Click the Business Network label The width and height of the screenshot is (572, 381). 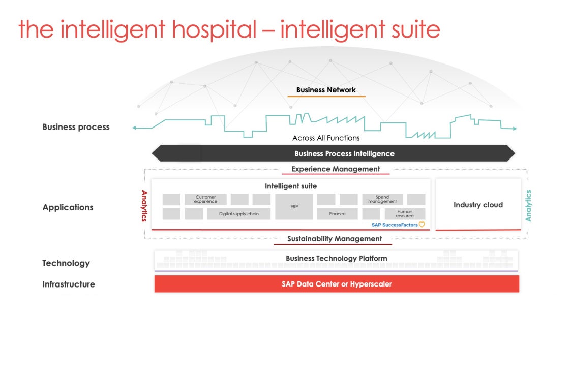326,90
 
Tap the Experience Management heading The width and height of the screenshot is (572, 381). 335,169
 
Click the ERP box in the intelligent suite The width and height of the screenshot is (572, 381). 294,207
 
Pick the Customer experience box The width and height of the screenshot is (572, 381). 205,199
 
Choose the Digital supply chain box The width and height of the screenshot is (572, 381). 238,214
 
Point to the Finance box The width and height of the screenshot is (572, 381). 337,214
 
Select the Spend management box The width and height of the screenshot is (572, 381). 382,199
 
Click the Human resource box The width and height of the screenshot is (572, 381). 404,214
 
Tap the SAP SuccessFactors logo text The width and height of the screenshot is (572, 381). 395,225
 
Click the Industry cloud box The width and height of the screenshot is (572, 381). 478,205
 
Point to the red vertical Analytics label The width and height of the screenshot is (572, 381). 144,206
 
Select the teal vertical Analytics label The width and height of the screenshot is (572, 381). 528,206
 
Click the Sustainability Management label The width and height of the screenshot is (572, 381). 334,239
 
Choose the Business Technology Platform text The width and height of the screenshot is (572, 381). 336,258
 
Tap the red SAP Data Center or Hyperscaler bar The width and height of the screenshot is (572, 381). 337,284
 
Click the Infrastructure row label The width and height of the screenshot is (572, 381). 69,284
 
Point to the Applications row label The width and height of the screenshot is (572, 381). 68,207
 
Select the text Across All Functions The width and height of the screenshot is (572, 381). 326,138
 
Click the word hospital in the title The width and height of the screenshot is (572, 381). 214,29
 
